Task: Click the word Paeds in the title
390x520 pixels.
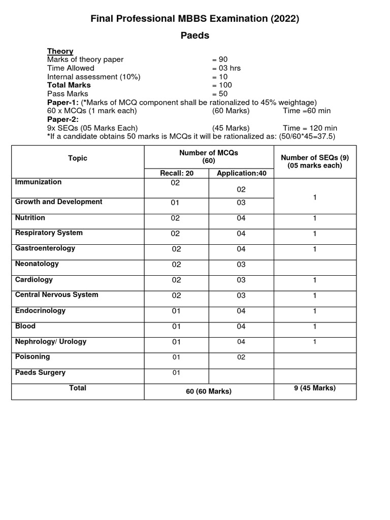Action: tap(195, 36)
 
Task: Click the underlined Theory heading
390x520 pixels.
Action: tap(60, 51)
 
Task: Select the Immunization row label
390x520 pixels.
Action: tap(39, 182)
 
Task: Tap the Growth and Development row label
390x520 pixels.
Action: tap(59, 202)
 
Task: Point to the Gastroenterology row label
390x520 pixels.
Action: tap(45, 248)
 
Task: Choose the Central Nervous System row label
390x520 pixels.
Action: tap(57, 295)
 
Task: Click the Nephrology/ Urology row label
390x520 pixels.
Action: tap(51, 341)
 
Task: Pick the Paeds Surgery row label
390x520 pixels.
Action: tap(41, 372)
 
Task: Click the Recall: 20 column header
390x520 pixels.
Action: tap(177, 173)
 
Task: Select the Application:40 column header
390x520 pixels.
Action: tap(241, 173)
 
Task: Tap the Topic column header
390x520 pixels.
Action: tap(78, 158)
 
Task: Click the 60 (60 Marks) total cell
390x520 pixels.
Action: tap(209, 391)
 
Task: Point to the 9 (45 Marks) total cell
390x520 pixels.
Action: tap(315, 388)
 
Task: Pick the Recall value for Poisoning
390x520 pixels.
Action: tap(176, 357)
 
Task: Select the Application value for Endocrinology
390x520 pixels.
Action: tap(241, 311)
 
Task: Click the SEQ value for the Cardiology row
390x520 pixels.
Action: tap(315, 280)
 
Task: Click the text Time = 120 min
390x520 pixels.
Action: tap(310, 128)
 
